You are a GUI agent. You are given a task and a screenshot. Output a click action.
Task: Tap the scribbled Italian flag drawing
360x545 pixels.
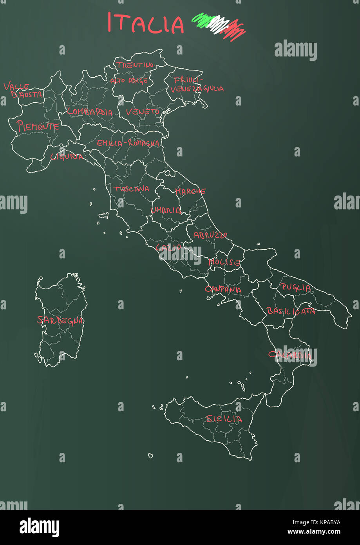[x=219, y=26]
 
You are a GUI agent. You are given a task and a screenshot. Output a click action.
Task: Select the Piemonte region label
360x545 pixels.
[x=38, y=126]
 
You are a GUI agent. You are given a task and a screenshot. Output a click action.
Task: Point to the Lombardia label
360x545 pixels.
[x=90, y=112]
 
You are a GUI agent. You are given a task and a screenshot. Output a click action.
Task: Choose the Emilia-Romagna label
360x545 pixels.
[x=128, y=143]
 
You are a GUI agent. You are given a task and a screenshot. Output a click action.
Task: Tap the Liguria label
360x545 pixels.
[x=67, y=157]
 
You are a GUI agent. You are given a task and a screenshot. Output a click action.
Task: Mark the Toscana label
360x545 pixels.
[x=131, y=189]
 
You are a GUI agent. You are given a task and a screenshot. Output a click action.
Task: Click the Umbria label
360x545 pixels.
[x=166, y=210]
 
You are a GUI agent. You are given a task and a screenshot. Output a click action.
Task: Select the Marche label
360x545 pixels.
[x=190, y=191]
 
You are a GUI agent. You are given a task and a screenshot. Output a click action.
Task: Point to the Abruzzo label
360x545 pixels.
[x=210, y=235]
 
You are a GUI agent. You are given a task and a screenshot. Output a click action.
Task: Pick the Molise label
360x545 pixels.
[x=224, y=262]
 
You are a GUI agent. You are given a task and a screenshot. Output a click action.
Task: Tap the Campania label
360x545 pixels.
[x=223, y=290]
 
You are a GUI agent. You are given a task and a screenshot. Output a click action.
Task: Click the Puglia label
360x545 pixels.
[x=296, y=287]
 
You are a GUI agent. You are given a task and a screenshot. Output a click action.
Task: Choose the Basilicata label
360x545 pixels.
[x=291, y=311]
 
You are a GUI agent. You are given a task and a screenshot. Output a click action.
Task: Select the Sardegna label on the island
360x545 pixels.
[x=60, y=320]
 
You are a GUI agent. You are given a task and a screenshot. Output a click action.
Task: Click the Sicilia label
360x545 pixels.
[x=224, y=419]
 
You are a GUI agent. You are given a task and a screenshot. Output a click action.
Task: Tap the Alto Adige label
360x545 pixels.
[x=129, y=81]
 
